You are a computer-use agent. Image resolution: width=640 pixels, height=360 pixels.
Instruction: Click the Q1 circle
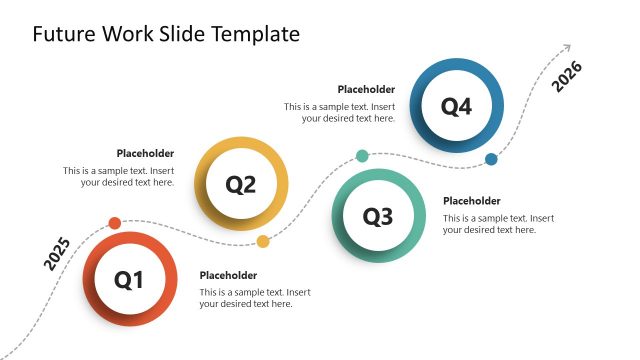pos(130,280)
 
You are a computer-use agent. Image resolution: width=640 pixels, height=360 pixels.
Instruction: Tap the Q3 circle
pos(378,216)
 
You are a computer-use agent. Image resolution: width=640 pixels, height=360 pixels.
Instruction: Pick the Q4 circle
pos(456,106)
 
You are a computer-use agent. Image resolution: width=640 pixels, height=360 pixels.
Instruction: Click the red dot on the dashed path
pos(115,223)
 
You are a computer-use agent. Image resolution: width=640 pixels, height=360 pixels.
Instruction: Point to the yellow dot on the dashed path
pos(263,241)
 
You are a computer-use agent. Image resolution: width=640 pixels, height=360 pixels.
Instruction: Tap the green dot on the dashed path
pos(362,156)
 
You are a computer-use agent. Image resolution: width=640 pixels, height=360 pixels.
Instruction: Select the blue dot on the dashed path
pos(491,159)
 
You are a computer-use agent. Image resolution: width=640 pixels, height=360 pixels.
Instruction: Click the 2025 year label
pos(57,254)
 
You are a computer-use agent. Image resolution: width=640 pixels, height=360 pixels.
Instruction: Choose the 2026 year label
pos(567,77)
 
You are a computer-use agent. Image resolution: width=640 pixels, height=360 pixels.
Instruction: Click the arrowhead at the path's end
pos(567,46)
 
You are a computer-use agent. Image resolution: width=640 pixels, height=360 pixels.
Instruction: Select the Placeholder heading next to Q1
pos(228,275)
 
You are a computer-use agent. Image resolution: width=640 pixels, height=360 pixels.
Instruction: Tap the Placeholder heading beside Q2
pos(145,153)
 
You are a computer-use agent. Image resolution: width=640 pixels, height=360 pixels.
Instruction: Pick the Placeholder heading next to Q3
pos(471,201)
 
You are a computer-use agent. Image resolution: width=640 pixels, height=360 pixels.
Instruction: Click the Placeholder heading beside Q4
pos(366,89)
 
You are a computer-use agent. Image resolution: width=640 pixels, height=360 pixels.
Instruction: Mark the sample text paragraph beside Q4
pos(339,112)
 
